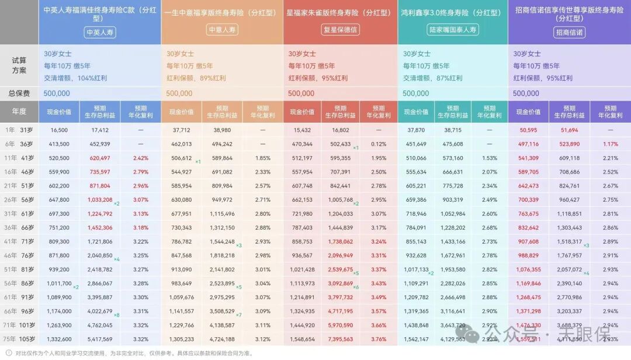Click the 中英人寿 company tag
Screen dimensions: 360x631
pos(100,33)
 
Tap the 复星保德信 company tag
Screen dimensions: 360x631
pos(340,29)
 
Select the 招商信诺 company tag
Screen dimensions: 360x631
pos(569,33)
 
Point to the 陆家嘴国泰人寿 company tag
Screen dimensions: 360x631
pos(453,29)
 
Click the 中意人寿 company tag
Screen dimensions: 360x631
pos(221,29)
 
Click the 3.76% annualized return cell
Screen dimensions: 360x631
pos(379,339)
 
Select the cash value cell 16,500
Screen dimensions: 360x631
pos(59,130)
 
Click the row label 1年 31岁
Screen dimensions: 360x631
pos(19,130)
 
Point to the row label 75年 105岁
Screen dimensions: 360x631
pos(19,339)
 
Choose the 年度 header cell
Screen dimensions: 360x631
pos(19,111)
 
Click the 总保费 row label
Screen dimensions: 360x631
pos(19,93)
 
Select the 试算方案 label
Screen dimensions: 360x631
pos(19,65)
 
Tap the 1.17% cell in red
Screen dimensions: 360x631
pos(610,144)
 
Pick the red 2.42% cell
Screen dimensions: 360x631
pos(141,158)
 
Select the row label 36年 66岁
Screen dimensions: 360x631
pos(19,227)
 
